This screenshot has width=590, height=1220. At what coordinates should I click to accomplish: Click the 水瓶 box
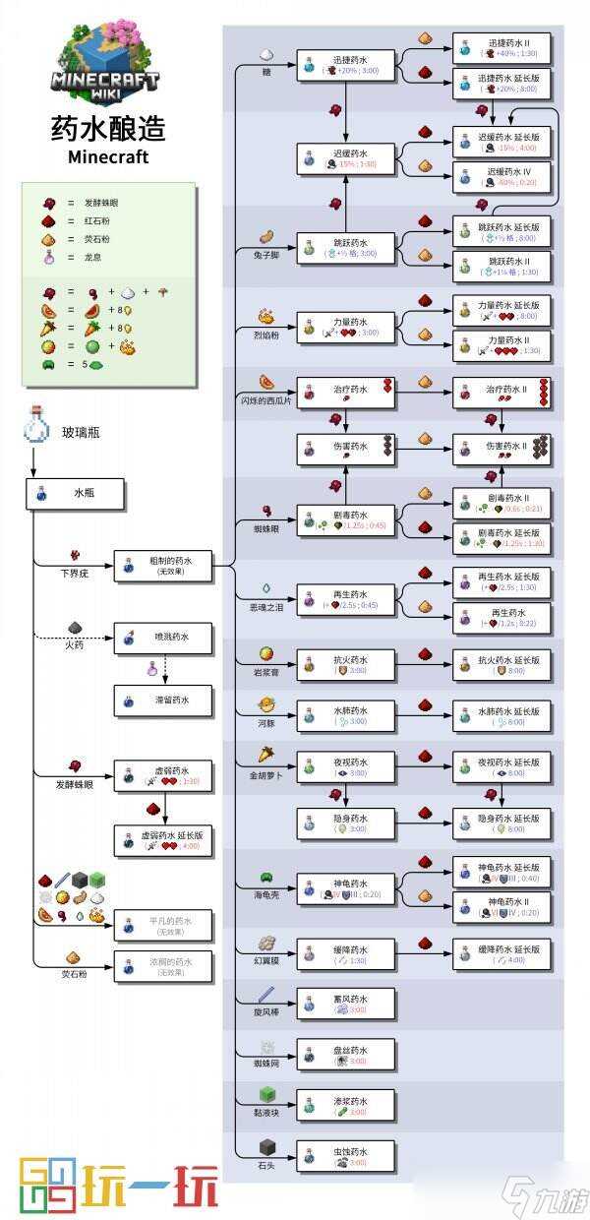[76, 495]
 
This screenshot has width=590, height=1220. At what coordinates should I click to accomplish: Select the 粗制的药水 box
[164, 566]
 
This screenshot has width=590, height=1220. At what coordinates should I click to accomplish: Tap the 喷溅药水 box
[164, 639]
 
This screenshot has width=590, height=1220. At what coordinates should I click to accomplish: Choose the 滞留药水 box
[164, 701]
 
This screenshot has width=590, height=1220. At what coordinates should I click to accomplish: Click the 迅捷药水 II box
[501, 48]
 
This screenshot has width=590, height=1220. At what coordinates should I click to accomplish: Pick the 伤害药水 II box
[501, 450]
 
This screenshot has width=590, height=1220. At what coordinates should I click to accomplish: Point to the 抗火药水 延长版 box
[501, 664]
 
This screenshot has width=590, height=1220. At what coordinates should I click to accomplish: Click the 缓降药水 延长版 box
[501, 954]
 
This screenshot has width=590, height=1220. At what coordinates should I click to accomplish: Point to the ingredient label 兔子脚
[262, 253]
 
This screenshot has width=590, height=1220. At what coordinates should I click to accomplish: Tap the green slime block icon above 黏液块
[265, 1095]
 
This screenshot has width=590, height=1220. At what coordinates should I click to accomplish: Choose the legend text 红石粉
[99, 220]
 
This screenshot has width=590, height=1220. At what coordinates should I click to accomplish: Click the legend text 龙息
[93, 257]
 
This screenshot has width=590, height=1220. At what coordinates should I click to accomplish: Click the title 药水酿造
[108, 128]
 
